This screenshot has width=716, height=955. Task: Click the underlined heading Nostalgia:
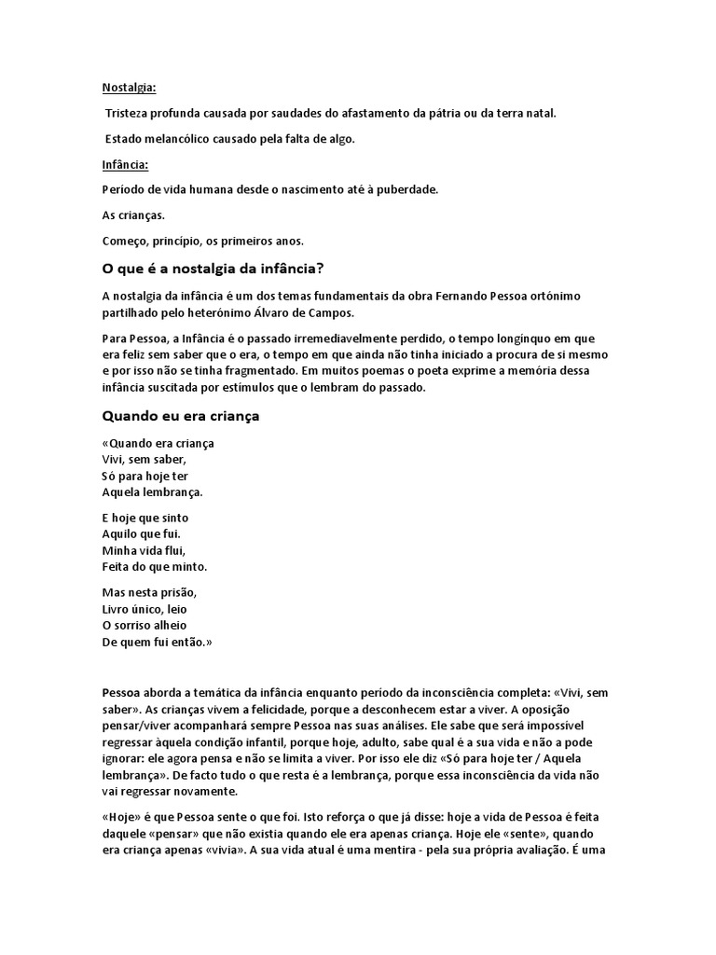[129, 88]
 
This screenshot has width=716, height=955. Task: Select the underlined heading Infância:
[125, 164]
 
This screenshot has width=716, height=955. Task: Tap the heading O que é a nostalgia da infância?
[212, 270]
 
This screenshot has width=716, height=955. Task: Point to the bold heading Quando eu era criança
[180, 416]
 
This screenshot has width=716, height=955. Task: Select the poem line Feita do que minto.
[154, 566]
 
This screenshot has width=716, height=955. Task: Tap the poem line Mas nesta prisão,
[149, 592]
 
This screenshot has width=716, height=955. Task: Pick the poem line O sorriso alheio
[144, 625]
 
